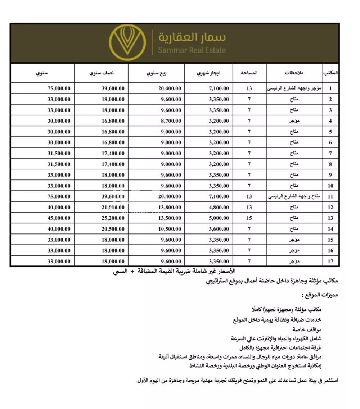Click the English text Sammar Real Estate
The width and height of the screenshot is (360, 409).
pyautogui.click(x=192, y=50)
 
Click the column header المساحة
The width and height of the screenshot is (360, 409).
pyautogui.click(x=249, y=73)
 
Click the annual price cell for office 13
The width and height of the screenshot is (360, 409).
pyautogui.click(x=59, y=218)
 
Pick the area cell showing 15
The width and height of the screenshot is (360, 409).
pyautogui.click(x=249, y=218)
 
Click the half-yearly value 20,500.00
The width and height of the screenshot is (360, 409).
pyautogui.click(x=113, y=229)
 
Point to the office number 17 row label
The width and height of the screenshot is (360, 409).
pyautogui.click(x=330, y=261)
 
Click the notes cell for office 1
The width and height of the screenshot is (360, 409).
pyautogui.click(x=294, y=88)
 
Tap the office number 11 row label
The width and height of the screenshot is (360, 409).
pyautogui.click(x=330, y=196)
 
